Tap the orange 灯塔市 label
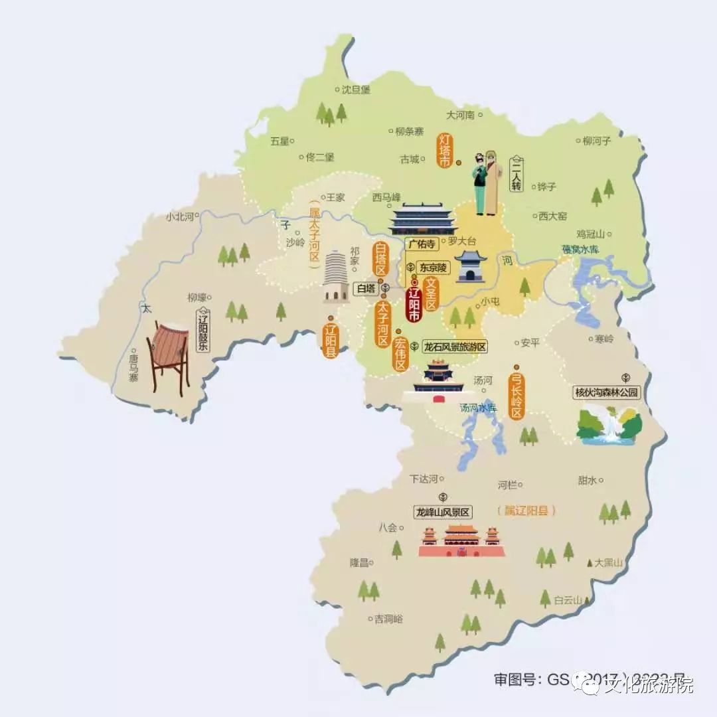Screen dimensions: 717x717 point(444,151)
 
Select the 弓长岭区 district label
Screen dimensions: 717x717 point(517,393)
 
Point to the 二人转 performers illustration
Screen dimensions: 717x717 point(485,183)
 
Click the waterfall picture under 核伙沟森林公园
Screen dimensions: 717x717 point(608,425)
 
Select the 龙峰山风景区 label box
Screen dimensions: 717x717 point(442,512)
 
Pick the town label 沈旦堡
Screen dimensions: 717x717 point(355,90)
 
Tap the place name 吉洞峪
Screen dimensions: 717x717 point(388,619)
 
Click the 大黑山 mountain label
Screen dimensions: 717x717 point(609,562)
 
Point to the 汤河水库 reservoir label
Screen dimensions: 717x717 point(478,408)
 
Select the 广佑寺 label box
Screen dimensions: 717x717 point(422,244)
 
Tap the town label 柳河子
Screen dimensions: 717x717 point(596,140)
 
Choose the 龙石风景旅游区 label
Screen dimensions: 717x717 point(455,347)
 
